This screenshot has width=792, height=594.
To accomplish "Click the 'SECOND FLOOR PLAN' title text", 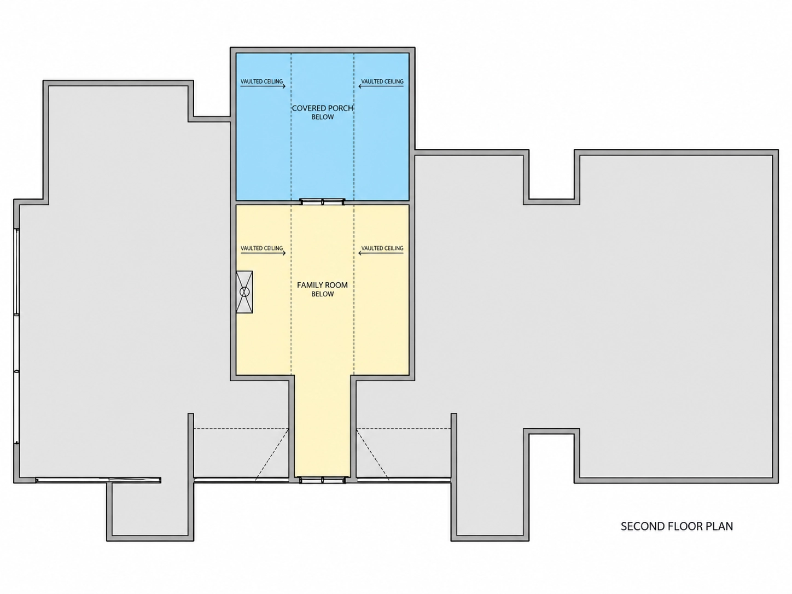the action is (x=677, y=526).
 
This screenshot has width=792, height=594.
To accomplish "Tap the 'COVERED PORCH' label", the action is (x=322, y=108).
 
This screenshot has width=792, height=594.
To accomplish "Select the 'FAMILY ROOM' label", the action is (x=322, y=285).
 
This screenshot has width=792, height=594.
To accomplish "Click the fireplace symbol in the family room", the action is (x=244, y=292).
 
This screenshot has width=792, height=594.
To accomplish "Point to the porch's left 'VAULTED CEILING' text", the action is (x=261, y=81).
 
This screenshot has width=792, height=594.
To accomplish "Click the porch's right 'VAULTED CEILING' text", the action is (x=382, y=81).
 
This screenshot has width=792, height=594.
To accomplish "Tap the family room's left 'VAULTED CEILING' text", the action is (x=261, y=248).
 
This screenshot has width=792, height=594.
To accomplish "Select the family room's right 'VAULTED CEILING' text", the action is (x=382, y=248).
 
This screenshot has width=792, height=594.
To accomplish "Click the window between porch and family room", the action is (x=323, y=201).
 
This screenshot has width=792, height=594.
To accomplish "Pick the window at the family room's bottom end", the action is (x=323, y=480).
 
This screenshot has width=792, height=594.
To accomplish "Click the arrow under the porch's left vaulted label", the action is (x=263, y=86).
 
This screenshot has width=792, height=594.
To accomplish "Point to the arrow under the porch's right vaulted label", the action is (x=381, y=86).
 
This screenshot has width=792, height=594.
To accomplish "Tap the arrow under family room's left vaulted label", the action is (x=263, y=253).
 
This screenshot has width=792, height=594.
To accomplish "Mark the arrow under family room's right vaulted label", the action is (x=381, y=253).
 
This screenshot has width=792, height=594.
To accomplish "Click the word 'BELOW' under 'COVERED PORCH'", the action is (x=323, y=117).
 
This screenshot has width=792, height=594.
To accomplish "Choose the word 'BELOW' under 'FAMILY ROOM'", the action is (x=323, y=294).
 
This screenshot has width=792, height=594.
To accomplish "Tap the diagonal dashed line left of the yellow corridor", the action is (x=272, y=455).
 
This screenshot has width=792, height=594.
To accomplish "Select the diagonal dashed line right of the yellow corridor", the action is (x=372, y=455).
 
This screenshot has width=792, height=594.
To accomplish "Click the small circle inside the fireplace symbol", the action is (x=244, y=292).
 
